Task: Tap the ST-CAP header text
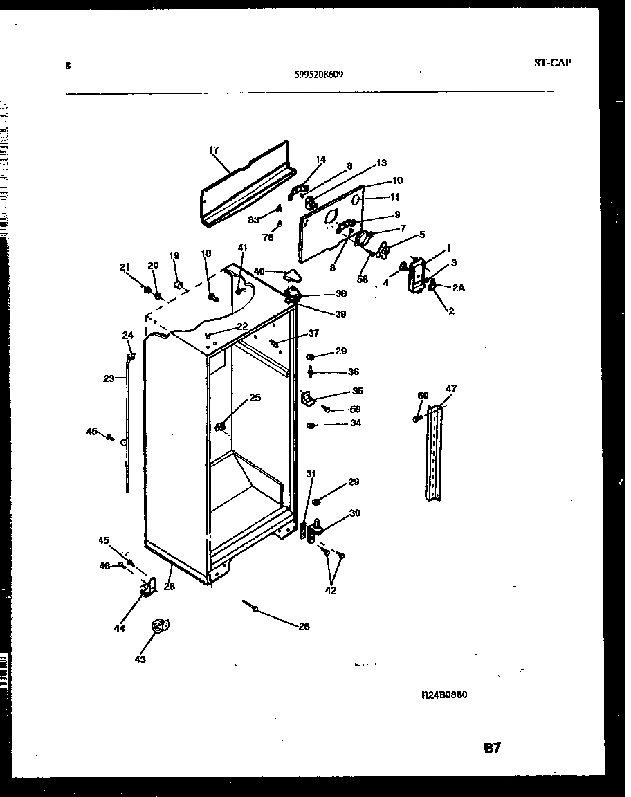(x=553, y=62)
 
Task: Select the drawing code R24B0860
(x=444, y=695)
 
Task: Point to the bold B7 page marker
(x=492, y=749)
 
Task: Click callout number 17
(x=213, y=149)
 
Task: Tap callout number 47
(x=450, y=390)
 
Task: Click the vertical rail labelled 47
(x=435, y=453)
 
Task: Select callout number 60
(x=423, y=395)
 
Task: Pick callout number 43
(x=140, y=659)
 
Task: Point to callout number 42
(x=331, y=591)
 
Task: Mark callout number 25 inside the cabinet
(x=255, y=398)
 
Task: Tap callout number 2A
(x=459, y=288)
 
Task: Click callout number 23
(x=109, y=378)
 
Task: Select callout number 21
(x=125, y=267)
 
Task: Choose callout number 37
(x=313, y=333)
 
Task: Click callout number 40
(x=259, y=271)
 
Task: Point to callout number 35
(x=357, y=391)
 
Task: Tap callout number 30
(x=354, y=513)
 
